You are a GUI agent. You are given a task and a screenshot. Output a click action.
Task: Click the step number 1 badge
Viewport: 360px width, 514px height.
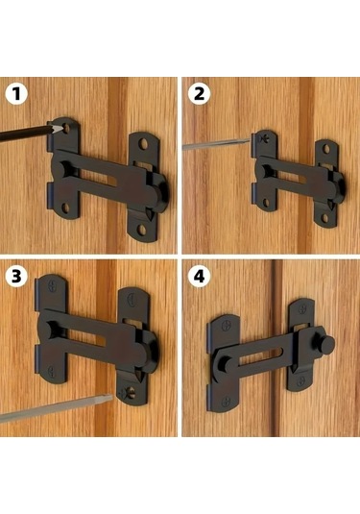coord(16,94)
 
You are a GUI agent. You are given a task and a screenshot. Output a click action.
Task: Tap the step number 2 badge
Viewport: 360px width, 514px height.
coord(199,94)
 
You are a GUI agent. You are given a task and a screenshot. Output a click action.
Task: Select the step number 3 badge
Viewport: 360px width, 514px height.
coord(16,276)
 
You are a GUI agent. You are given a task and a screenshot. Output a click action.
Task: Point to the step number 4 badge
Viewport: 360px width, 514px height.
coord(199,276)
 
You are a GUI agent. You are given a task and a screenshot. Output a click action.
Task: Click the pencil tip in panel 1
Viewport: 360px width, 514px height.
coord(60,129)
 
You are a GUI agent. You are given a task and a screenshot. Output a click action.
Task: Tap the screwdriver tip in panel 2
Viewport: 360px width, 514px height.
coord(249,141)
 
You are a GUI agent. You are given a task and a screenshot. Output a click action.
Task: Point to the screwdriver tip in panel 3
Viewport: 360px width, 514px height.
coord(110,398)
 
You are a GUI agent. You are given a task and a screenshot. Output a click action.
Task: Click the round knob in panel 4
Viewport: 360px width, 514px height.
coord(326,344)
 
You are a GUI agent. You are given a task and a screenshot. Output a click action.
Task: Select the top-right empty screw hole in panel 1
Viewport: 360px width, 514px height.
coord(143,143)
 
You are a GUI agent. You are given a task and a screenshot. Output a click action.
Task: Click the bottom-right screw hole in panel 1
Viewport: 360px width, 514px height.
coord(142,230)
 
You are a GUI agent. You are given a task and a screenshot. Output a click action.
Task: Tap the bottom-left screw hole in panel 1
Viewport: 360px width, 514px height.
coord(65,208)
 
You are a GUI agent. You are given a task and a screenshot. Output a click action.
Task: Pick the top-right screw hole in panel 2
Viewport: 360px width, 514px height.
coord(326,150)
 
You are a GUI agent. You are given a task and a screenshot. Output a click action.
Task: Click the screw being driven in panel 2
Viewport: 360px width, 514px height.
coord(262,138)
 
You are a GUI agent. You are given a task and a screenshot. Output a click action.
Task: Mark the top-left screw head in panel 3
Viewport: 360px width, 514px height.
coord(53,286)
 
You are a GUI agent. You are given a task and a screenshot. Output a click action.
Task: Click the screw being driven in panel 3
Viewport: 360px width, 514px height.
coord(128,392)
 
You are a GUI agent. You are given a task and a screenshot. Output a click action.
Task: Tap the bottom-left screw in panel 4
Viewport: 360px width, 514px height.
coord(226,402)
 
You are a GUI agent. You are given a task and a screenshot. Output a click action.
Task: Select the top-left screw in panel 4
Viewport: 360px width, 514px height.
coord(226,326)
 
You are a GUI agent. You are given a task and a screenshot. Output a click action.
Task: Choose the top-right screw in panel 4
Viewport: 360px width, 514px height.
coord(302,308)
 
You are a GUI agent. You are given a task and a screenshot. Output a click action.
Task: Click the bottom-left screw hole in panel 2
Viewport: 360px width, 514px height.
coord(266,204)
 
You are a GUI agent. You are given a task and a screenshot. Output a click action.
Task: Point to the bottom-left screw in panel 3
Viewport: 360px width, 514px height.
coord(52,371)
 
